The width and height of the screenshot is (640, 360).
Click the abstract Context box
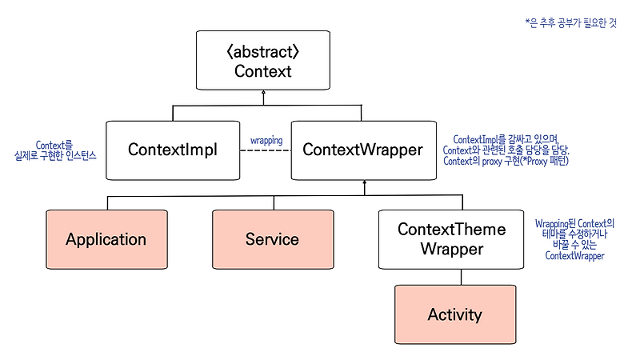click(x=263, y=60)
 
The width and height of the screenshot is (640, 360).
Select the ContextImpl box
click(x=174, y=150)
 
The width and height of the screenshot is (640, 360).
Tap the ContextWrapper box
click(x=362, y=150)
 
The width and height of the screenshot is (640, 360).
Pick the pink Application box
click(x=106, y=239)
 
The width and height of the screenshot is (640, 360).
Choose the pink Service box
click(x=272, y=239)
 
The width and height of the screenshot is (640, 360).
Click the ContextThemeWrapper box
click(x=451, y=239)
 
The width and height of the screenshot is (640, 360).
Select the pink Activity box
click(x=454, y=314)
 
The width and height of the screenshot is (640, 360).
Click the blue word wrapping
click(x=266, y=140)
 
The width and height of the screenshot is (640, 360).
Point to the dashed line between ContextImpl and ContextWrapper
click(x=266, y=150)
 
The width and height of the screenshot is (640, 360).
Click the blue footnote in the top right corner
click(x=570, y=23)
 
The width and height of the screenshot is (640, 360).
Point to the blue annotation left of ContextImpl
click(x=54, y=150)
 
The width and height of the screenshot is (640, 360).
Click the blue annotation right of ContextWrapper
click(x=511, y=150)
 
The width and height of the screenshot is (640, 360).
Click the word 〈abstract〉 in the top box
click(x=263, y=50)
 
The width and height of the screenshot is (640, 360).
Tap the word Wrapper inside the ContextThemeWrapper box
click(x=451, y=249)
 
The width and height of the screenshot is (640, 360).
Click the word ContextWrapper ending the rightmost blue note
click(x=574, y=256)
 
